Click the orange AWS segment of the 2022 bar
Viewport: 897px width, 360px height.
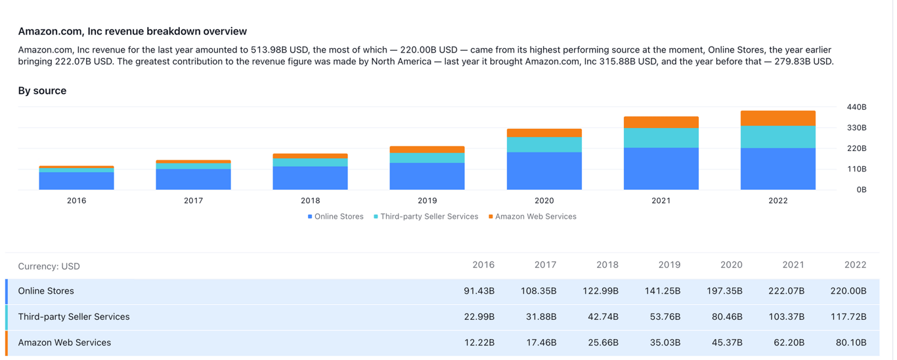[x=777, y=118]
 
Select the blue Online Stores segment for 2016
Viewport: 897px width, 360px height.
[x=76, y=181]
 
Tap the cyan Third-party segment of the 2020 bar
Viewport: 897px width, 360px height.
[x=544, y=145]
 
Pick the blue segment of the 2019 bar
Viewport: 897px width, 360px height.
[x=427, y=176]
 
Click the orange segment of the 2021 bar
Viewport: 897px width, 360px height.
[x=661, y=122]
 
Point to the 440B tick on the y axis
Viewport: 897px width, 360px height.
[x=856, y=107]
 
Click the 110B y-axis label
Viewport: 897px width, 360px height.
[x=856, y=169]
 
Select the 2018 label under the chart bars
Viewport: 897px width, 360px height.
[x=310, y=200]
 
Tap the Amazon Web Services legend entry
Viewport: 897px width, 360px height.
[x=535, y=216]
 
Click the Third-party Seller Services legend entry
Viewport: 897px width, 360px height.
[x=429, y=216]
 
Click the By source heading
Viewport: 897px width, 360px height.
[x=42, y=91]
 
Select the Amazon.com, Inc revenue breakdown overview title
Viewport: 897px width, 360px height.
[x=133, y=31]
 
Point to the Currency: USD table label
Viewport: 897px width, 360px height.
[x=49, y=266]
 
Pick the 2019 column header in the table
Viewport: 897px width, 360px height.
[x=669, y=265]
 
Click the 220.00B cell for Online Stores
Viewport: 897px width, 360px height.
[x=848, y=291]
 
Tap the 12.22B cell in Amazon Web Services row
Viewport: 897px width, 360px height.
[x=479, y=342]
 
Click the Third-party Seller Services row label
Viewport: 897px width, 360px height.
[x=74, y=317]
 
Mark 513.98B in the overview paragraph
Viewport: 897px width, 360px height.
[x=272, y=50]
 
